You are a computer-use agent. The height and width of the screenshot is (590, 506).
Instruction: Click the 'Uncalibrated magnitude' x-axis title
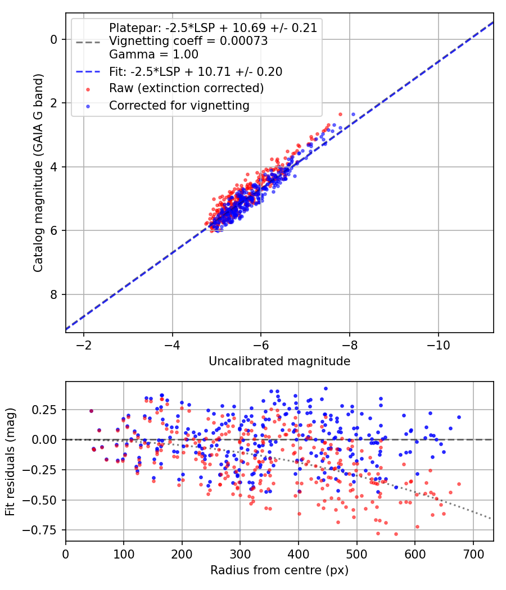coord(279,361)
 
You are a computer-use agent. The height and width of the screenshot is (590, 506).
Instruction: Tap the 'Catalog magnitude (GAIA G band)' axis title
coord(38,173)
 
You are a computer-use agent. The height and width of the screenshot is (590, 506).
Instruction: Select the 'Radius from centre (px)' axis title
coord(279,570)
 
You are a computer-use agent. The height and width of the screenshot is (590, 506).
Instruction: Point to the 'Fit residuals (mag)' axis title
coord(10,462)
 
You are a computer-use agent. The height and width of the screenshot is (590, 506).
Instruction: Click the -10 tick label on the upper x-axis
coord(438,345)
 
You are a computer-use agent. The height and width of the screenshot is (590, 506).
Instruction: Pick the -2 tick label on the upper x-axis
coord(84,345)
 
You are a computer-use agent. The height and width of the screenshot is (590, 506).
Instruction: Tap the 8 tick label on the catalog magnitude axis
coord(54,294)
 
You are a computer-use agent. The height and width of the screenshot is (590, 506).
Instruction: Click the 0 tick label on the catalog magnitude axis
coord(54,39)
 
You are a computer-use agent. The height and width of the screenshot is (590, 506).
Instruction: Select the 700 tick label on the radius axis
coord(473,554)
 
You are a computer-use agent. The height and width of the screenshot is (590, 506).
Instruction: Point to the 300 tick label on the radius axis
coord(240,554)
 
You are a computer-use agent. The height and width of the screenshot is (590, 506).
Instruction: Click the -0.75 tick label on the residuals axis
coord(40,530)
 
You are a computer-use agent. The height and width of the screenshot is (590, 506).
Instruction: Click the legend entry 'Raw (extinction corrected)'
coord(186,88)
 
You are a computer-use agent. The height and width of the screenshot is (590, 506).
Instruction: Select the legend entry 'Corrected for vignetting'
coord(179,106)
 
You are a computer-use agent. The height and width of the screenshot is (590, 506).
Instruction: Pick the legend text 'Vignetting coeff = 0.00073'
coord(188,40)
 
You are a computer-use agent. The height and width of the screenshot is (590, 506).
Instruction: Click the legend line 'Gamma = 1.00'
coord(153,54)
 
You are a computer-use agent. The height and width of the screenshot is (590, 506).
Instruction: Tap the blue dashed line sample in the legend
coord(88,71)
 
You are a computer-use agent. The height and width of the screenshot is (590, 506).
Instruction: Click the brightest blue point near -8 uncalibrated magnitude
coord(353,114)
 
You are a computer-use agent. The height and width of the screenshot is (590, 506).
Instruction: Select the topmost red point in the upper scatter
coord(340,114)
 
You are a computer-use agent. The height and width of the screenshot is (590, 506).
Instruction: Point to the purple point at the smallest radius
coord(91,411)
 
